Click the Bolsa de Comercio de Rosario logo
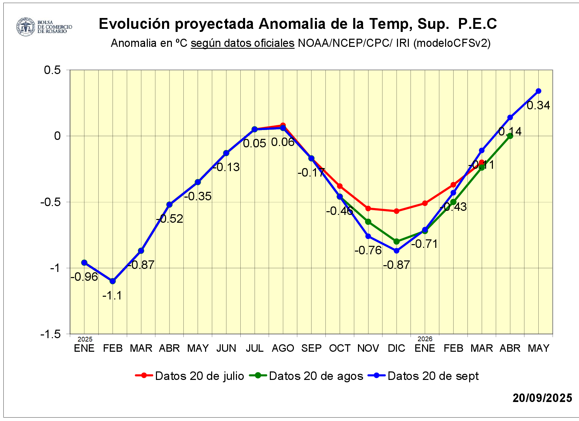(x=44, y=27)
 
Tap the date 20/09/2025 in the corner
(x=542, y=398)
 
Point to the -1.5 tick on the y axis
(x=51, y=334)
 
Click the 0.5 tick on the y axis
(x=53, y=70)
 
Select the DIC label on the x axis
(x=397, y=348)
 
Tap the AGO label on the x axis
(x=283, y=348)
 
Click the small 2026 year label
(x=425, y=339)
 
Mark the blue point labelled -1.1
(x=113, y=281)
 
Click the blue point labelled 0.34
(x=538, y=91)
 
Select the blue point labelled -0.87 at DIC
(x=397, y=251)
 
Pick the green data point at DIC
(x=397, y=241)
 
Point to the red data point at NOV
(x=368, y=208)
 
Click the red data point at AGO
(x=283, y=125)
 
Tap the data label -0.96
(x=84, y=277)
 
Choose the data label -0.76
(x=368, y=251)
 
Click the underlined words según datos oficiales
(x=242, y=43)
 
